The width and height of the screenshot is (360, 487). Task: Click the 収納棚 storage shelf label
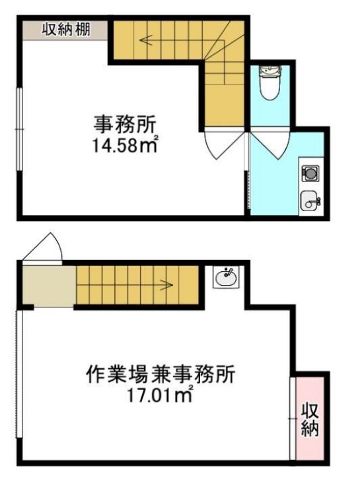(66, 30)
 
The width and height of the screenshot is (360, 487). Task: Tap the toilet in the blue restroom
(270, 82)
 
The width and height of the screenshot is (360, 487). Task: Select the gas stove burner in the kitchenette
(310, 174)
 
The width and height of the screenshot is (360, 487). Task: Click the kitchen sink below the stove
(310, 201)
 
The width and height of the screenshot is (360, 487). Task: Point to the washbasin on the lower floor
(226, 277)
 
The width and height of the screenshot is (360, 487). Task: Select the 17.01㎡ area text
(161, 395)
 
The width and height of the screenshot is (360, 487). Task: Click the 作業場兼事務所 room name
(161, 374)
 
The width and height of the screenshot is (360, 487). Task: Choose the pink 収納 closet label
(310, 420)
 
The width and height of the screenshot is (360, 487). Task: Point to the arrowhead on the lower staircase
(168, 284)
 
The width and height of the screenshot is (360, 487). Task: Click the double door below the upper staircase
(224, 145)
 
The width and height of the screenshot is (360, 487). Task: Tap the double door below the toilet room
(270, 145)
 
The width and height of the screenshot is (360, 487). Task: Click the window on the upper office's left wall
(20, 129)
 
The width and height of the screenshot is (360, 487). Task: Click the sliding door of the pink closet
(292, 418)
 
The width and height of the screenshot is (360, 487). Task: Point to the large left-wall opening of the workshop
(19, 373)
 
